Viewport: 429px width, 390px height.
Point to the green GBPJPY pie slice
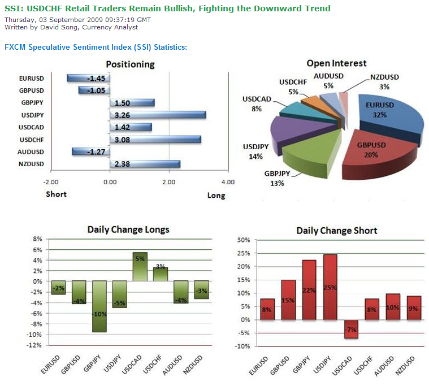tap(308, 158)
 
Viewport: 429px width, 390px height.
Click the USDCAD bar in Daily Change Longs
tap(140, 266)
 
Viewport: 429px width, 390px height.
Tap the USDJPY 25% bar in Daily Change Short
tap(330, 287)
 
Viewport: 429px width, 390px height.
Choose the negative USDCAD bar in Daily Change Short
tap(351, 329)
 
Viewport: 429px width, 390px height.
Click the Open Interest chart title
tap(336, 63)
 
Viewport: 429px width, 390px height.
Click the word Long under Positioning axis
tap(216, 196)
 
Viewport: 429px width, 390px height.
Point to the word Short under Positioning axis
tap(56, 194)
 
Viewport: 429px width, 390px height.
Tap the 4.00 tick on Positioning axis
tap(228, 183)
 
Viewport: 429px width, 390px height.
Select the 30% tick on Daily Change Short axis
tap(242, 240)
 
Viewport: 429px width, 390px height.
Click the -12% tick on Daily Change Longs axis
tap(35, 345)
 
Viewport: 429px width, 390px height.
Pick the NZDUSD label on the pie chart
tap(384, 77)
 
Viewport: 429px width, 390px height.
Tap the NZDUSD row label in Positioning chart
tap(31, 164)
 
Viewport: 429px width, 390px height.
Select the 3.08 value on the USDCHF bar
tap(123, 140)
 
